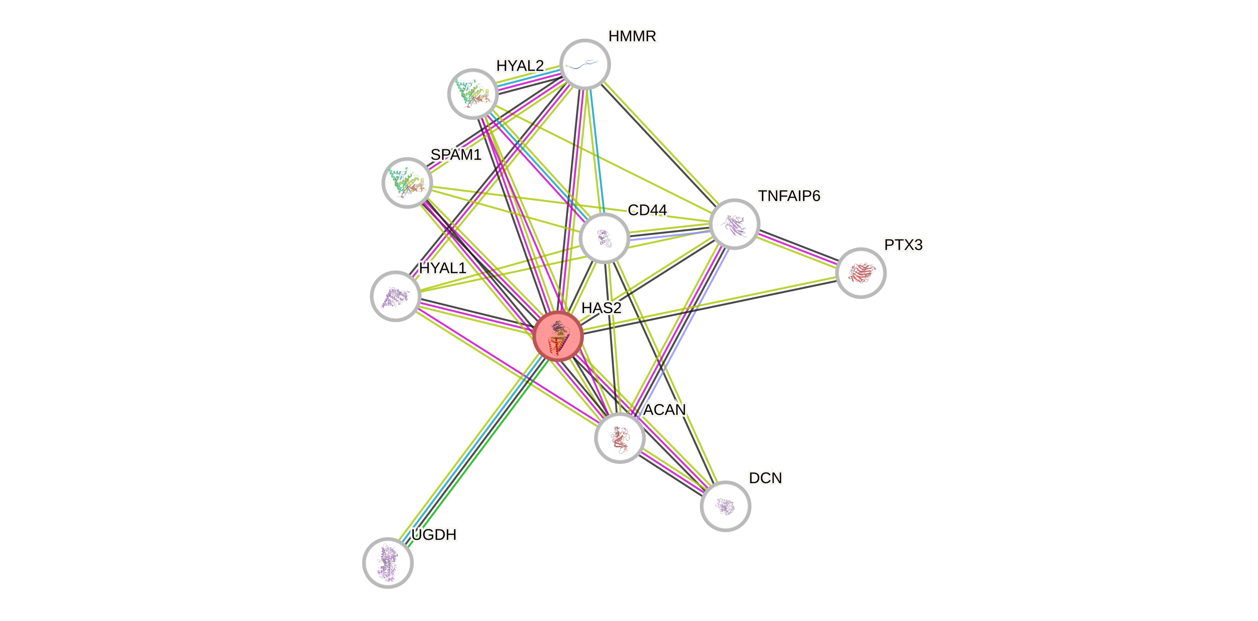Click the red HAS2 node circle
(558, 336)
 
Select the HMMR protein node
(585, 65)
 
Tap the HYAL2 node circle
(473, 94)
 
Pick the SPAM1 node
(407, 183)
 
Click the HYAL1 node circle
(396, 296)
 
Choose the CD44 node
(604, 238)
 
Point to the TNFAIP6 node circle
(734, 224)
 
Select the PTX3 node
(860, 273)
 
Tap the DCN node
(725, 506)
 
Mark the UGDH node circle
(388, 562)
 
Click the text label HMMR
(632, 36)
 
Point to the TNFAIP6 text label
(789, 196)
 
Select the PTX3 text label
(903, 245)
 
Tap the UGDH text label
(434, 535)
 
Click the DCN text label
(765, 478)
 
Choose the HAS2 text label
(601, 308)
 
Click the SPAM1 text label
(456, 155)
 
